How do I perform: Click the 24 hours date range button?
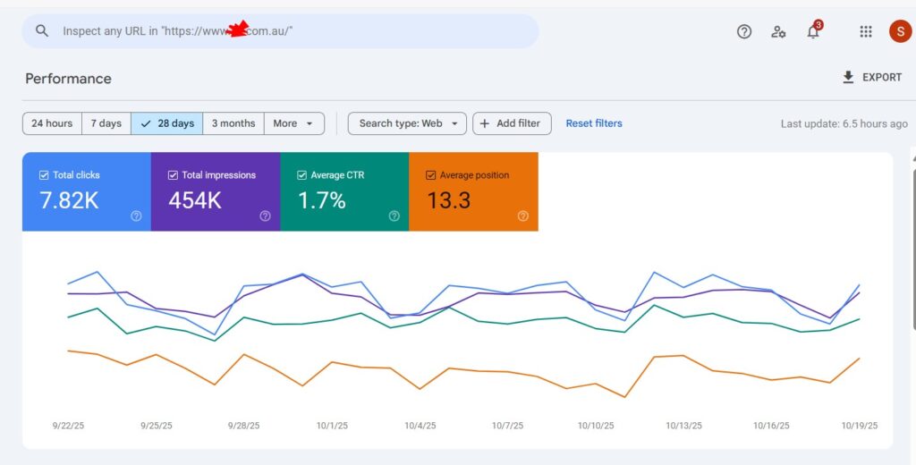coord(52,123)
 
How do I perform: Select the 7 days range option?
coord(106,123)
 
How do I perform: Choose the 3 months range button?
coord(233,123)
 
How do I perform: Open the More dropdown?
coord(294,123)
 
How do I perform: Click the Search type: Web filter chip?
coord(407,123)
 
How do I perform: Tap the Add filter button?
coord(512,123)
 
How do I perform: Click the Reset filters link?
coord(594,123)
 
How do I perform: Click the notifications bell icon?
coord(813,32)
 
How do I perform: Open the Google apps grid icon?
coord(866,31)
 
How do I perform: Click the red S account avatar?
coord(899,31)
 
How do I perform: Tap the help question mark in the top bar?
coord(744,31)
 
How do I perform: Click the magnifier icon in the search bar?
coord(42,30)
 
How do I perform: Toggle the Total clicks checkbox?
coord(44,175)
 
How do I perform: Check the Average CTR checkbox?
coord(302,175)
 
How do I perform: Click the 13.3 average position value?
coord(448,200)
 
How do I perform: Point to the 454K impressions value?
coord(195,200)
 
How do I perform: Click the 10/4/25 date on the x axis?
coord(420,426)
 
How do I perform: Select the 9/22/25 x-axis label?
coord(68,426)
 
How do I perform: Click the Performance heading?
coord(68,79)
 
